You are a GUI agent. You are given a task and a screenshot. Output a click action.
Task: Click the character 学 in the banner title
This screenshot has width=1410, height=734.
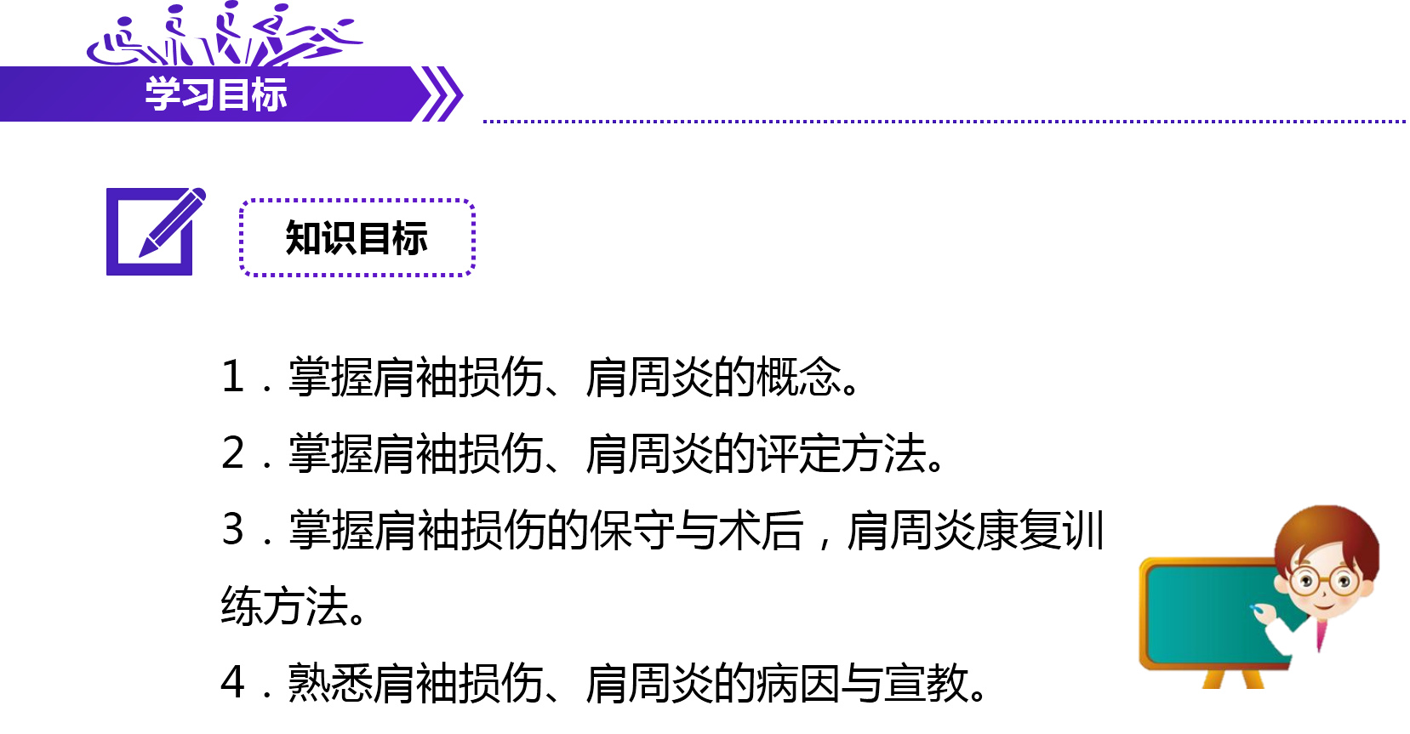click(162, 94)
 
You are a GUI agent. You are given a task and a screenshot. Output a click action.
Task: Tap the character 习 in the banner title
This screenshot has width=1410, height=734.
click(197, 94)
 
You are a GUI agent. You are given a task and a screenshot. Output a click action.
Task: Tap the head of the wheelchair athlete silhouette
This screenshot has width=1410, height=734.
click(125, 22)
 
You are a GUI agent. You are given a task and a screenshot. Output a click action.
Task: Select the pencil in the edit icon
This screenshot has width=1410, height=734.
click(174, 222)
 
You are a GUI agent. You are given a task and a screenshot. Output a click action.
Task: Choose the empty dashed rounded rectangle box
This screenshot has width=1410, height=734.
click(357, 237)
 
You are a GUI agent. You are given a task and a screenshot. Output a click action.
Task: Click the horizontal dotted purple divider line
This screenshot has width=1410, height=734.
click(936, 122)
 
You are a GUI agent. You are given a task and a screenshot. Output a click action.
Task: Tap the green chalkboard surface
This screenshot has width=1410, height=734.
click(1200, 612)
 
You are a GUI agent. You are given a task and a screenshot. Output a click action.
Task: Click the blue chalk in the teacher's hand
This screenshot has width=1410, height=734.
click(1254, 608)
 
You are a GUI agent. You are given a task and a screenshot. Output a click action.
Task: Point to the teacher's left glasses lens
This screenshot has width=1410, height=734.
click(1304, 582)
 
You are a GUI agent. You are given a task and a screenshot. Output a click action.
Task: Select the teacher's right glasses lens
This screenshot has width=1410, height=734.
click(1345, 582)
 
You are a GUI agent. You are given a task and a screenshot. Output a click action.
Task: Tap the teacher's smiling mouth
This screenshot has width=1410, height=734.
click(1324, 605)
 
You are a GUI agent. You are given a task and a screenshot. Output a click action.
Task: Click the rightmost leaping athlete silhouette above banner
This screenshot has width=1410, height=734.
click(328, 38)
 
